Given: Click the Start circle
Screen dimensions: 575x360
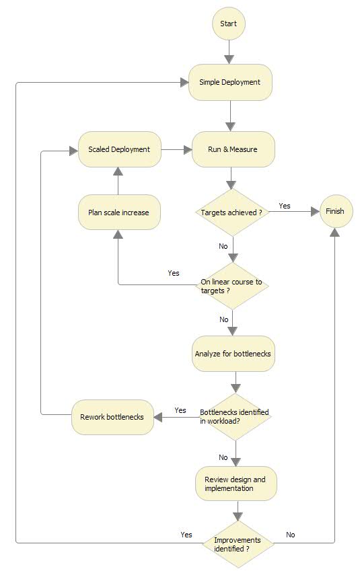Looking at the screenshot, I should pyautogui.click(x=229, y=24).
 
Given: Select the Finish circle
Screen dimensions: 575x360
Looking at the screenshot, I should pyautogui.click(x=334, y=211).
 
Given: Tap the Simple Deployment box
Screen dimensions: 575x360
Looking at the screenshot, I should pyautogui.click(x=230, y=82).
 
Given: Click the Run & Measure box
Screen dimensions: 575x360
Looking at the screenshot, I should pyautogui.click(x=233, y=149).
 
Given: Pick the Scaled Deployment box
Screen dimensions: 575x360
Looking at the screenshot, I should pyautogui.click(x=119, y=149).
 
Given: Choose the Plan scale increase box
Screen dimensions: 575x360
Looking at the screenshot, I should pyautogui.click(x=119, y=213).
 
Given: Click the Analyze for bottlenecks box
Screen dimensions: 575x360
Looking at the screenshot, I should pyautogui.click(x=233, y=354).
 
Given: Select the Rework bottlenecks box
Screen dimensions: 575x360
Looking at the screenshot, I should pyautogui.click(x=112, y=417).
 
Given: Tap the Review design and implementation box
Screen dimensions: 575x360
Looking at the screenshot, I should pyautogui.click(x=236, y=484).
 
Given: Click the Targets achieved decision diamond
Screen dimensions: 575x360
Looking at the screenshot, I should pyautogui.click(x=231, y=213).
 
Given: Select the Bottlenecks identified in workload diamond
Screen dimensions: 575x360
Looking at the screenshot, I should pyautogui.click(x=236, y=417).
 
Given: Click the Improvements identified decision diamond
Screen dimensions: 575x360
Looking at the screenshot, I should pyautogui.click(x=236, y=543).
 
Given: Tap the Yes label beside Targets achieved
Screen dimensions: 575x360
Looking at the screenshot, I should pyautogui.click(x=285, y=206).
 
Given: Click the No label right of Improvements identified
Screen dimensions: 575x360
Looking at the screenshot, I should pyautogui.click(x=291, y=535).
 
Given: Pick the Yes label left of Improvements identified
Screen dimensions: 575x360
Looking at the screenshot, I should pyautogui.click(x=186, y=535).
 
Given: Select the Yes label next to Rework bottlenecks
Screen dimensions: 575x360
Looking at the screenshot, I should pyautogui.click(x=180, y=410).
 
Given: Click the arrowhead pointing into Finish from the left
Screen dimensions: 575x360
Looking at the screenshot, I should pyautogui.click(x=314, y=211).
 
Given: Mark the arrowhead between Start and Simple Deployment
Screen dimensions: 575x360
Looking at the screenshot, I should pyautogui.click(x=229, y=58).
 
